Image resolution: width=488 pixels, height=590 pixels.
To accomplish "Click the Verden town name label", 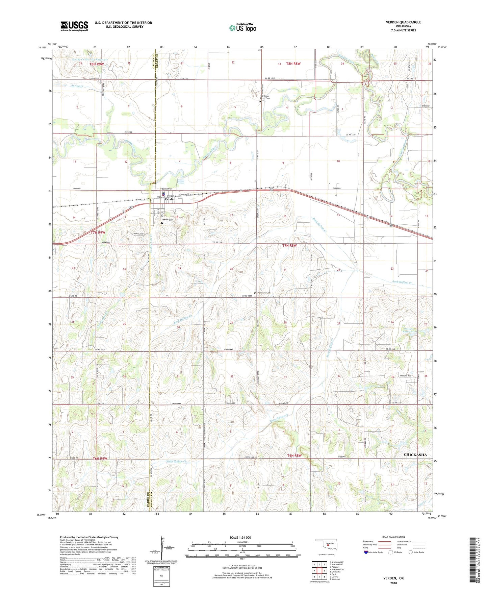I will pos(170,199).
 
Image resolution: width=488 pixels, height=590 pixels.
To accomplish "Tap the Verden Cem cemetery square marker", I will pos(162,223).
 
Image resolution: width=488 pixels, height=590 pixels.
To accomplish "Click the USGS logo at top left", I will pos(74,26).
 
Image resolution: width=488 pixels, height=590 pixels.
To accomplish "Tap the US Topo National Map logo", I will pos(242,28).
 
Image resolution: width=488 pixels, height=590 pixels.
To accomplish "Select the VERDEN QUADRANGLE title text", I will pos(404,22).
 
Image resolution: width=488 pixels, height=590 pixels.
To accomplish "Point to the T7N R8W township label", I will pos(289,246).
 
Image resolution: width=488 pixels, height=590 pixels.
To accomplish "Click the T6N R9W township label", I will pos(100,459).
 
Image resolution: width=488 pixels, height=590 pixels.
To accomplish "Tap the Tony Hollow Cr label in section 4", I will pos(279,418).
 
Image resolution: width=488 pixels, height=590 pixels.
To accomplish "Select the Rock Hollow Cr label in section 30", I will pos(183,320).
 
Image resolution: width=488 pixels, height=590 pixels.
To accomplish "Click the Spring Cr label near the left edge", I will pos(77,86).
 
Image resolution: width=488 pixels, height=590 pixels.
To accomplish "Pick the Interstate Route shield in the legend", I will pos(366,552).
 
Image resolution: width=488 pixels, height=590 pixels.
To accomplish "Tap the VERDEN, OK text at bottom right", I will pos(393,578).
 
